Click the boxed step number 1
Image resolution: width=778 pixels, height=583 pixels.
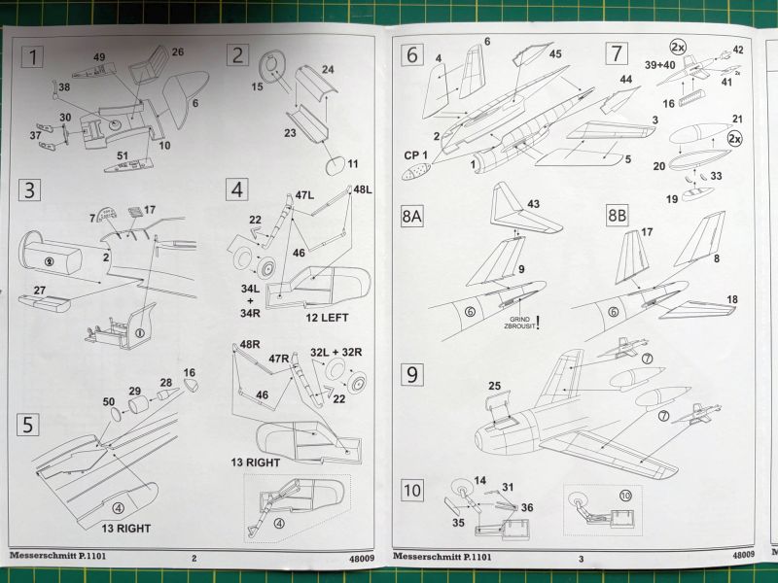coord(35,57)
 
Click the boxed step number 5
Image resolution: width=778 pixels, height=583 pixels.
coord(30,425)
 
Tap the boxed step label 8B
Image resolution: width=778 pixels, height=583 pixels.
coord(619,215)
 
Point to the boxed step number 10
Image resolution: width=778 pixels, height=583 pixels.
coord(413,491)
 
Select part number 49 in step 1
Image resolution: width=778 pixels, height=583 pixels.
coord(99,57)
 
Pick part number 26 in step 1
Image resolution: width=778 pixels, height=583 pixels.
coord(178,51)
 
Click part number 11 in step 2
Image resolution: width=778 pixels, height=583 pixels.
coord(353,162)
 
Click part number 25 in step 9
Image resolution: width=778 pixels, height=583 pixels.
coord(495,387)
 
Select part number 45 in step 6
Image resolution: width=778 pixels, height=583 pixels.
coord(555,54)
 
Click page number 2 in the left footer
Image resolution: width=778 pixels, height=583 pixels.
coord(194,559)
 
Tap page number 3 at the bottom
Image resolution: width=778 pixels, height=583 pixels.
coord(581,559)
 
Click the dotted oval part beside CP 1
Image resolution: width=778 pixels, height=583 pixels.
coord(418,173)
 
